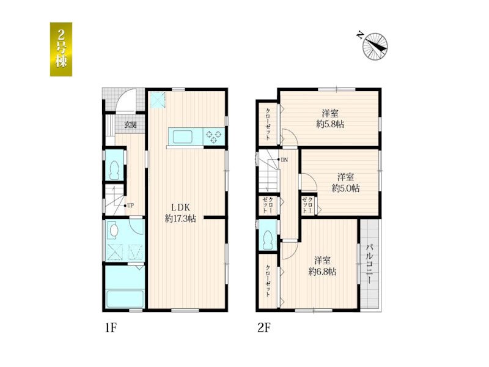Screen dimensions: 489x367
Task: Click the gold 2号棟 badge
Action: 61,49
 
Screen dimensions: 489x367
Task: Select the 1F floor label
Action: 111,328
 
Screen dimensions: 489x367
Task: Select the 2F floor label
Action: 264,328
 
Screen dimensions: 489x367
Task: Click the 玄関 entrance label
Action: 131,125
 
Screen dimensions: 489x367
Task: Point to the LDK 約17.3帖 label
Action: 180,213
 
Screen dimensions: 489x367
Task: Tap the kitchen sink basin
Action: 182,136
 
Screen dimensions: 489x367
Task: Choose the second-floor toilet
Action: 268,240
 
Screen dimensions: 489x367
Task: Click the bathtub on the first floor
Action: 125,299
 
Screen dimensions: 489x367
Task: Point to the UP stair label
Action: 131,206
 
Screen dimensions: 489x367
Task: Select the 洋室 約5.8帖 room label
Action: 330,119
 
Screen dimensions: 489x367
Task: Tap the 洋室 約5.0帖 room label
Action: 345,182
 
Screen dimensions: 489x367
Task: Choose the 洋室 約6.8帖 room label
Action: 323,266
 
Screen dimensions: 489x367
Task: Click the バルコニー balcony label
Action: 370,264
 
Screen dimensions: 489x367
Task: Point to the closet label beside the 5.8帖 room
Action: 268,124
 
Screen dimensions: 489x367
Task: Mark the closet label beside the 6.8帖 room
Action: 268,281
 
